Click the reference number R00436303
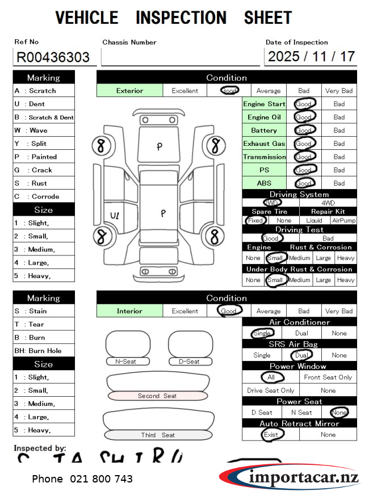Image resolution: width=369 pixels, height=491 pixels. pyautogui.click(x=53, y=57)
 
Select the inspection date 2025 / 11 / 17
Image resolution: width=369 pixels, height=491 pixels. pyautogui.click(x=311, y=57)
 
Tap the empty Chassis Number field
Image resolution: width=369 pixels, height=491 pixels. pyautogui.click(x=180, y=57)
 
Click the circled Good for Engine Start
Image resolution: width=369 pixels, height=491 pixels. pyautogui.click(x=304, y=104)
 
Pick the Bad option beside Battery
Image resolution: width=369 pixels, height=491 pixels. pyautogui.click(x=339, y=131)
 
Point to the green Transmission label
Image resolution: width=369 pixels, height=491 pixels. pyautogui.click(x=265, y=157)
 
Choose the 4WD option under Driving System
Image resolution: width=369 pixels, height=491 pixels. pyautogui.click(x=328, y=203)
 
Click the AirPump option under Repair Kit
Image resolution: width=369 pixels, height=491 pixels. pyautogui.click(x=343, y=220)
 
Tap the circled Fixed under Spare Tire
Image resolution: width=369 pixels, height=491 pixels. pyautogui.click(x=255, y=220)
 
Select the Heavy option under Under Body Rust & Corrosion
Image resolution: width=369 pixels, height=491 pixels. pyautogui.click(x=345, y=280)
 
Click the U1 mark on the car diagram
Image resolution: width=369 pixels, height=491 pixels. pyautogui.click(x=115, y=216)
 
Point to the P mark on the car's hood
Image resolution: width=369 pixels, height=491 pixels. pyautogui.click(x=160, y=146)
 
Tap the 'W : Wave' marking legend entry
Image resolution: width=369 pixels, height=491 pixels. pyautogui.click(x=44, y=131)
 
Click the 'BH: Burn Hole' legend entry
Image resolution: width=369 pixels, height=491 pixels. pyautogui.click(x=44, y=351)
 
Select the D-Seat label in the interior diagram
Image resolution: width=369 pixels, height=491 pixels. pyautogui.click(x=189, y=361)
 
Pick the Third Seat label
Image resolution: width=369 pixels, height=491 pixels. pyautogui.click(x=158, y=435)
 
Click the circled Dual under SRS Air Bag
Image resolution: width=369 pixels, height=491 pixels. pyautogui.click(x=301, y=355)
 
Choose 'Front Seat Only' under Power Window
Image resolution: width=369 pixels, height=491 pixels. pyautogui.click(x=328, y=377)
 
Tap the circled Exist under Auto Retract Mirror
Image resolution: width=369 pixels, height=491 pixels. pyautogui.click(x=271, y=435)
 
